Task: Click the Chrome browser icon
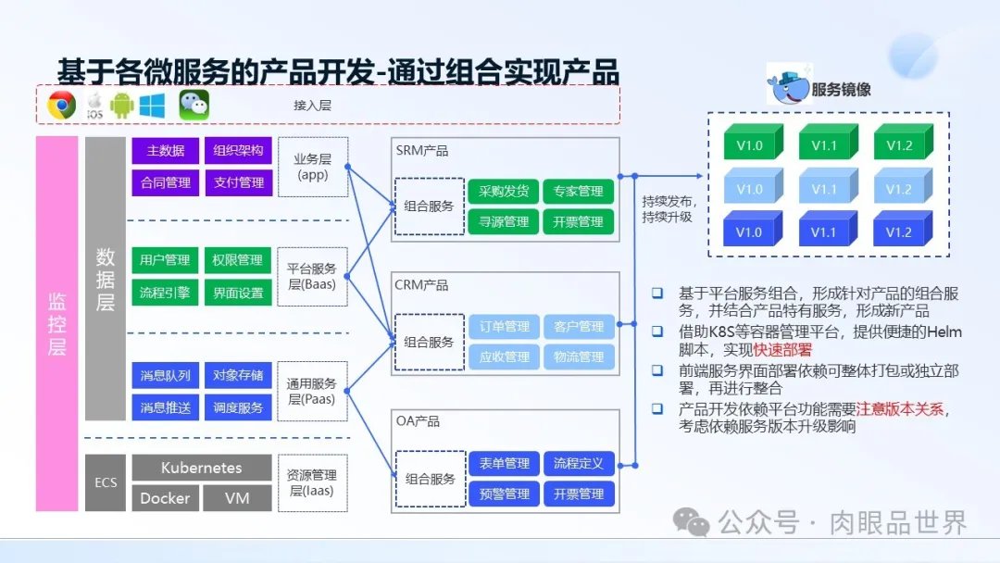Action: [62, 106]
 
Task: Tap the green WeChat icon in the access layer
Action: [194, 105]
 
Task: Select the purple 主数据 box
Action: [165, 151]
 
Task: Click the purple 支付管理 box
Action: [238, 182]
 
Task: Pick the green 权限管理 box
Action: [238, 260]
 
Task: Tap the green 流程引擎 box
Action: [165, 293]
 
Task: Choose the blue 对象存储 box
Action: [238, 376]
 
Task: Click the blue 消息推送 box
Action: [165, 407]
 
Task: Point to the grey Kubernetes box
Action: [202, 468]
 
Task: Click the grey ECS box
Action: [106, 482]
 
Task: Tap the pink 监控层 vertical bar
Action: [56, 324]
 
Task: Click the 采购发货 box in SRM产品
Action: [504, 192]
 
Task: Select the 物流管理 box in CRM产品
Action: [579, 357]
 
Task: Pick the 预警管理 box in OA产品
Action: [504, 494]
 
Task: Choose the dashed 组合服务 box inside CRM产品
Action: [429, 342]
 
